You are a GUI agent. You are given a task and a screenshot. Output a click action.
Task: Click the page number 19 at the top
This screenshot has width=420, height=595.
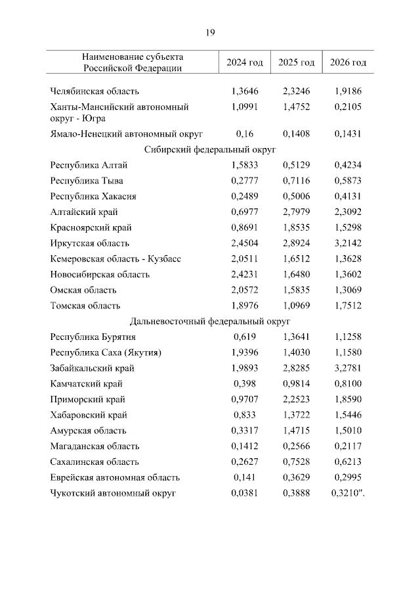[x=210, y=32]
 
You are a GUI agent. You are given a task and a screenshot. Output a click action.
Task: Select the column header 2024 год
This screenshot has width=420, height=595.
[x=245, y=62]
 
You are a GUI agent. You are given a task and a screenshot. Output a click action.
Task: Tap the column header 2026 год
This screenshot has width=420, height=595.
[x=348, y=62]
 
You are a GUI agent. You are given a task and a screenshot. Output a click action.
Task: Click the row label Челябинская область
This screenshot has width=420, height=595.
[x=94, y=91]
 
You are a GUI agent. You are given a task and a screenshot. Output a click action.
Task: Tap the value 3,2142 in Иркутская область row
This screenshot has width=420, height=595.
[x=348, y=243]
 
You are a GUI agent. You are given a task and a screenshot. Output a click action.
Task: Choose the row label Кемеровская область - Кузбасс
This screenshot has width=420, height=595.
[x=115, y=259]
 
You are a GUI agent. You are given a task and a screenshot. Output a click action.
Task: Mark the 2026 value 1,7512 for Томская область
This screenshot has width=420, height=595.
[x=348, y=306]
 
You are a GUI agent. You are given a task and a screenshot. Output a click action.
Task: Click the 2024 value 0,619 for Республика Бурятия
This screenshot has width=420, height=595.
[x=245, y=337]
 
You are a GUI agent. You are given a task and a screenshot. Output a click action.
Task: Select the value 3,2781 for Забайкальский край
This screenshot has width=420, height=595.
[x=348, y=368]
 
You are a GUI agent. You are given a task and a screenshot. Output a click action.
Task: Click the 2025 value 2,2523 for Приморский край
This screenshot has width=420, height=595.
[x=296, y=400]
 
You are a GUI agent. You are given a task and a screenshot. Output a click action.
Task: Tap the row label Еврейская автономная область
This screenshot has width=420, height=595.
[x=115, y=478]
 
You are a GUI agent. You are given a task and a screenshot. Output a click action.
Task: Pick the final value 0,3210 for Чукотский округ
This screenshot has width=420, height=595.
[x=346, y=493]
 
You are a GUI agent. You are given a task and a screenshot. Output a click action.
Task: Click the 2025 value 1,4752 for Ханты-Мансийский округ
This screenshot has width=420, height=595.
[x=296, y=107]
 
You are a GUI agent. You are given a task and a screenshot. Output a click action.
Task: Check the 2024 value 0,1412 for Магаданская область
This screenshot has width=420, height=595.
[x=245, y=446]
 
